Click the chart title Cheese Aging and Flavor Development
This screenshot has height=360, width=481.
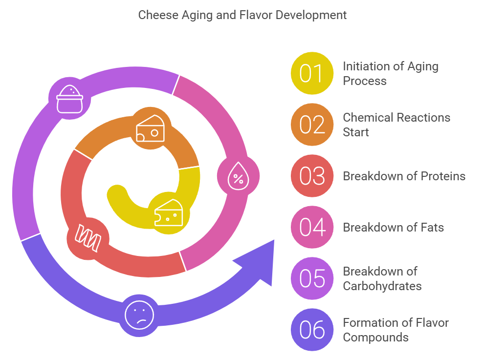242,15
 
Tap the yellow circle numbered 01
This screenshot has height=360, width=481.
312,73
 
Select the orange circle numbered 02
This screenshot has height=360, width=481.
312,125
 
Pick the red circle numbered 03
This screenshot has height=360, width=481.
312,176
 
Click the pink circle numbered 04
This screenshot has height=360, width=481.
312,227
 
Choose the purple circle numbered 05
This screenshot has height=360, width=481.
312,278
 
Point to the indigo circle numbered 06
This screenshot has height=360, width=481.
312,330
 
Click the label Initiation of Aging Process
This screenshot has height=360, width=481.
390,73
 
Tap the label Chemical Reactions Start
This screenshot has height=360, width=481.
396,125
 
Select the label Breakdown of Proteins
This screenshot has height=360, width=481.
404,176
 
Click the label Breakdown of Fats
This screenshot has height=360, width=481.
393,227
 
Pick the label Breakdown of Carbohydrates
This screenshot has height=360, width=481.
382,278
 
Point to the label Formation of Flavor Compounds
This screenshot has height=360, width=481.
395,330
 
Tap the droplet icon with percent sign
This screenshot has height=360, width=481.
238,177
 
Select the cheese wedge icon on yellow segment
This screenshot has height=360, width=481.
169,213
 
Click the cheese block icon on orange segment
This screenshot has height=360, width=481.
150,128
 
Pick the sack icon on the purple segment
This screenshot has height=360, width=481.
70,99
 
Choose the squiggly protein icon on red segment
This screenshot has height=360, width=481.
87,238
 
